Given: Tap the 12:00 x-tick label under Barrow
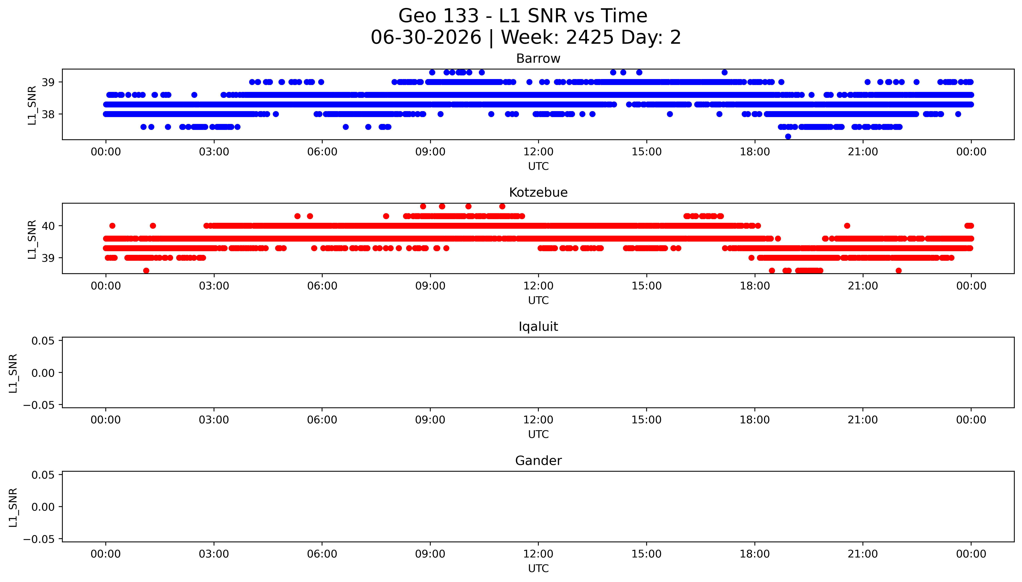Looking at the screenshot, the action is coord(538,152).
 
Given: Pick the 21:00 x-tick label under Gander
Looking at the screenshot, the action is coord(863,554).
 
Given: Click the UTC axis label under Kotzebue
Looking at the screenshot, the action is coord(538,300).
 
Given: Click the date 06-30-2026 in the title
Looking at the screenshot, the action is coord(426,38).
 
